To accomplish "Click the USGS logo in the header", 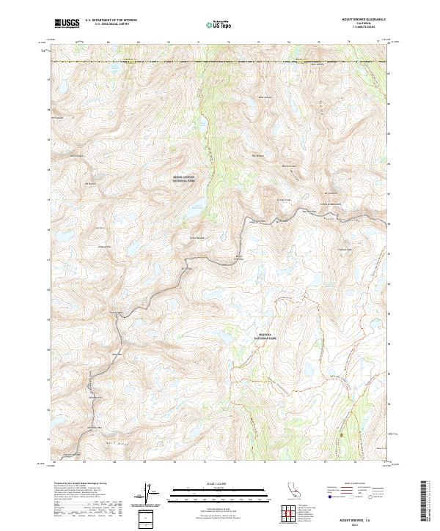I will [x=67, y=23].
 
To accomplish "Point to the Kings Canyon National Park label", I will [x=184, y=179].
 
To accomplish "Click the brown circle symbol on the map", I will [x=340, y=434].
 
